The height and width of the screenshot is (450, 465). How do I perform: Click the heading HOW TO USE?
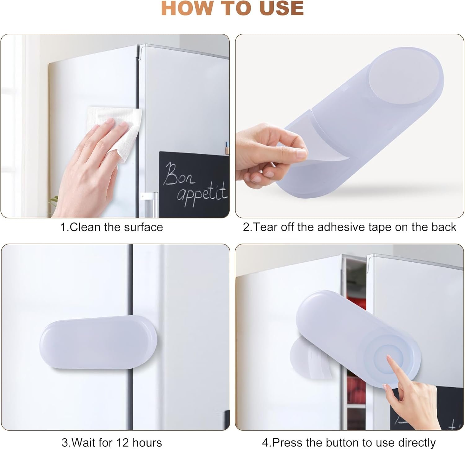tap(232, 8)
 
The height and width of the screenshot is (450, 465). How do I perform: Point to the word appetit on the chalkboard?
tap(202, 195)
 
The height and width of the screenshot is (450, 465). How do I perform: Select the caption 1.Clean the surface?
tap(112, 227)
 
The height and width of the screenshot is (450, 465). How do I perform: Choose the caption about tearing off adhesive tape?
tap(350, 227)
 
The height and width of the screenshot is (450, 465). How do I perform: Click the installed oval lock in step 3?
tap(99, 342)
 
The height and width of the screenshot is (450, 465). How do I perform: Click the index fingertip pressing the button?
tap(389, 359)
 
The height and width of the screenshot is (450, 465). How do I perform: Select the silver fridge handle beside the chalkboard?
tap(149, 205)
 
